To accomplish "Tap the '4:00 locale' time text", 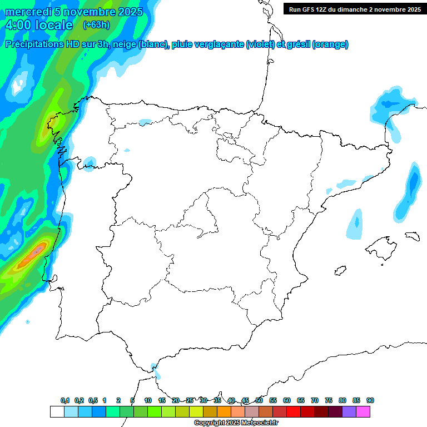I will (x=39, y=25).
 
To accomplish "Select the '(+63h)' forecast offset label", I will (x=96, y=25).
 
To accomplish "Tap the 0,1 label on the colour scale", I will (x=65, y=400).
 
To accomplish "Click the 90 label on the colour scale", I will (x=370, y=400).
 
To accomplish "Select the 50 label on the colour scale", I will (x=259, y=400).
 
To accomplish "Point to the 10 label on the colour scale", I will (x=148, y=400).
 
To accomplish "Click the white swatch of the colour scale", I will (x=57, y=411).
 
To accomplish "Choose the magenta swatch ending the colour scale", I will (x=363, y=411).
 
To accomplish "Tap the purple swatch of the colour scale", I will (x=349, y=411).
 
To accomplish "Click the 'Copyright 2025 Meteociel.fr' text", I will (x=236, y=423).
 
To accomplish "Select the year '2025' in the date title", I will (x=130, y=12).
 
